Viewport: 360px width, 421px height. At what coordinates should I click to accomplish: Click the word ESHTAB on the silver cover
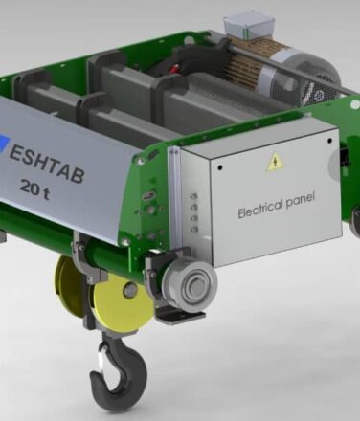point(47,164)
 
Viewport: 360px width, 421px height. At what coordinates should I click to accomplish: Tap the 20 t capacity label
point(34,188)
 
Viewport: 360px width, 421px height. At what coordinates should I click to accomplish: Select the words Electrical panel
point(277,205)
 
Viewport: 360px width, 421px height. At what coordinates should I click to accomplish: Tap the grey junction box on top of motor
point(249,26)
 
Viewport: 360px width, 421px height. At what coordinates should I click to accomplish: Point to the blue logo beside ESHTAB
point(4,141)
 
